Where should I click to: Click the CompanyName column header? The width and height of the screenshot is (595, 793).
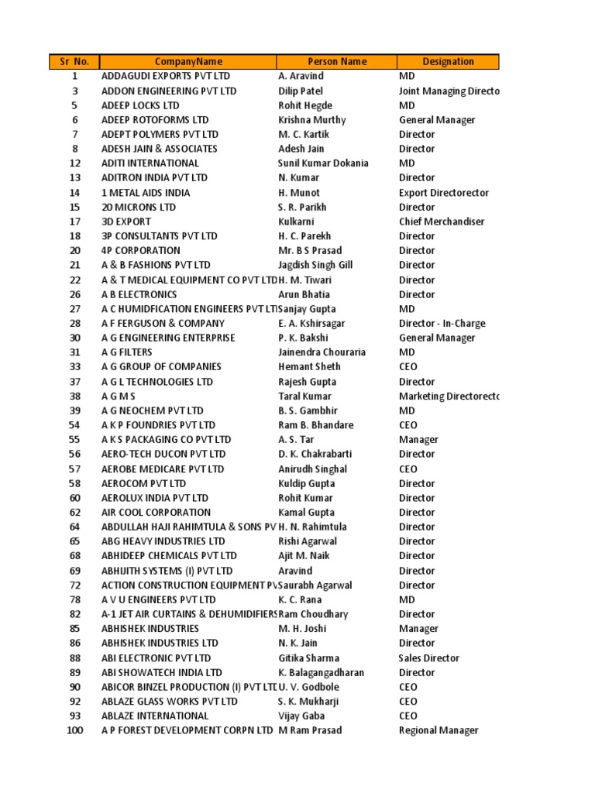pyautogui.click(x=188, y=62)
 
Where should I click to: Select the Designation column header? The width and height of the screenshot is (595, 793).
pyautogui.click(x=448, y=62)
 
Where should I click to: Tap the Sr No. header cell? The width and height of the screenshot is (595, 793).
pyautogui.click(x=74, y=62)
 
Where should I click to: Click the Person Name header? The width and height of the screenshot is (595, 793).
pyautogui.click(x=337, y=62)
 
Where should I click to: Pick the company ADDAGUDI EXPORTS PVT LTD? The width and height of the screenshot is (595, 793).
pyautogui.click(x=166, y=77)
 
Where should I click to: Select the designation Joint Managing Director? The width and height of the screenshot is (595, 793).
pyautogui.click(x=449, y=91)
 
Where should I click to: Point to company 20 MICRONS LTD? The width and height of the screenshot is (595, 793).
pyautogui.click(x=139, y=207)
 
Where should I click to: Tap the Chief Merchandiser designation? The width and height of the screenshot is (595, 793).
pyautogui.click(x=442, y=221)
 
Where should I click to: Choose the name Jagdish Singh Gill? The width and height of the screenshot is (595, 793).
pyautogui.click(x=315, y=265)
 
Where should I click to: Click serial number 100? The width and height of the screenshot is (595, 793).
pyautogui.click(x=74, y=730)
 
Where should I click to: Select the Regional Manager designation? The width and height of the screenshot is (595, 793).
pyautogui.click(x=439, y=730)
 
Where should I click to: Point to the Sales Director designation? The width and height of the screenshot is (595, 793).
pyautogui.click(x=429, y=658)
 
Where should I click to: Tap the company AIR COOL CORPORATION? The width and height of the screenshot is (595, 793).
pyautogui.click(x=156, y=512)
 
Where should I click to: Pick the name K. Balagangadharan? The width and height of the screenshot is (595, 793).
pyautogui.click(x=321, y=672)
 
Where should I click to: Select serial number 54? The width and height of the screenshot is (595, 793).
pyautogui.click(x=74, y=425)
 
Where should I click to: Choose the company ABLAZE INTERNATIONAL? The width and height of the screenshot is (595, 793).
pyautogui.click(x=155, y=716)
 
